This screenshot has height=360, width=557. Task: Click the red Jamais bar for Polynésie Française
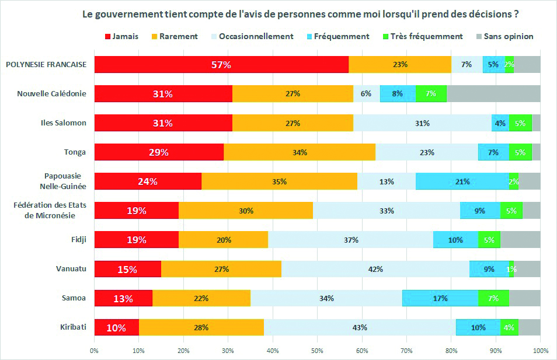tap(221, 65)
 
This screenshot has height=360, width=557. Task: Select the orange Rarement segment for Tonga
tap(299, 152)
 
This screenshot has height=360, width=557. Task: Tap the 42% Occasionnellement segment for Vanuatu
tap(375, 269)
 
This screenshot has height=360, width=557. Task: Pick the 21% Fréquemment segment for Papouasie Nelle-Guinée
tap(462, 181)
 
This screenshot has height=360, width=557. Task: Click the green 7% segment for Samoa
tap(493, 298)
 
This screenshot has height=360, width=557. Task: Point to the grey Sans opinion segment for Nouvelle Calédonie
tap(493, 94)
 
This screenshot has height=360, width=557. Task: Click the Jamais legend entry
tap(121, 36)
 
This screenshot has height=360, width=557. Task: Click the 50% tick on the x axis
tap(318, 351)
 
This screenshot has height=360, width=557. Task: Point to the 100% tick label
tap(541, 351)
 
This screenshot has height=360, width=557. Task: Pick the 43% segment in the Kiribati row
tap(360, 327)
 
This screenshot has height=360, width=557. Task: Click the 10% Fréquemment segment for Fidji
tap(455, 240)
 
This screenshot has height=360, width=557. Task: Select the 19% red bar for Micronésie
tap(137, 211)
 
